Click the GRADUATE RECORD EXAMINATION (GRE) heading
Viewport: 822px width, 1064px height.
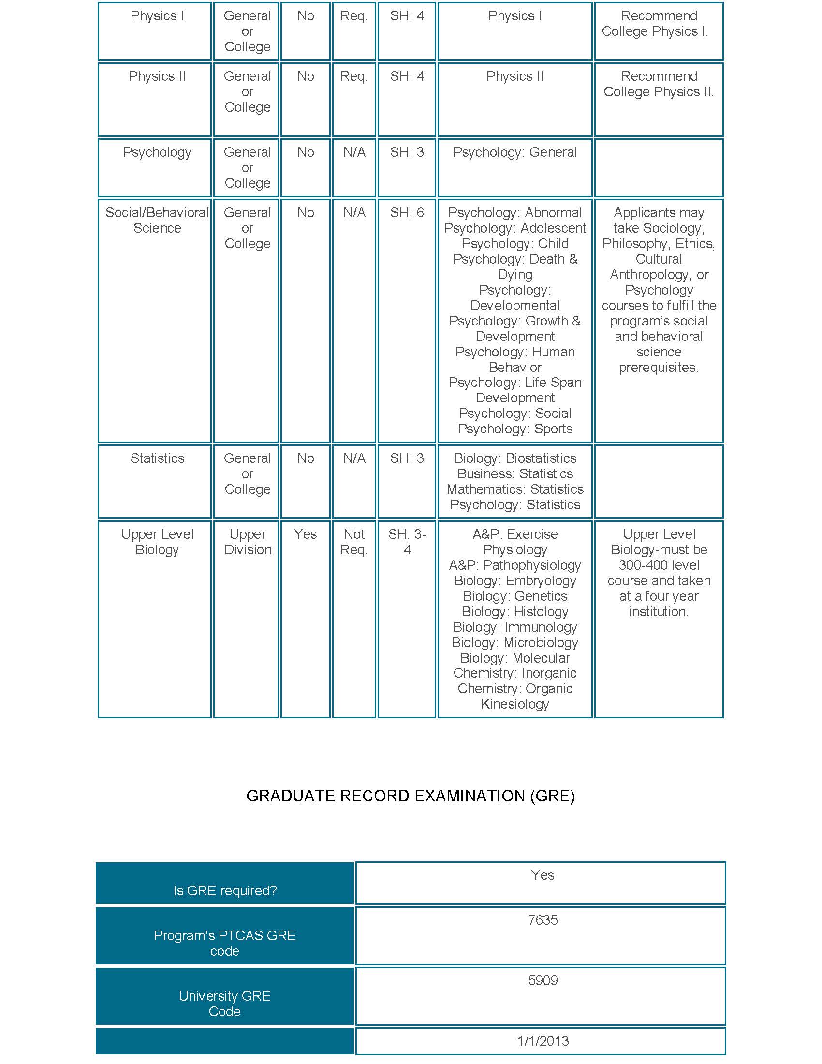tap(411, 796)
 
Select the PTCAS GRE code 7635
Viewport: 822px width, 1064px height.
tap(543, 920)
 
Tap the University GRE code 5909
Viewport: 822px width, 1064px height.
tap(543, 980)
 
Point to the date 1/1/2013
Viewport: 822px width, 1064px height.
tap(543, 1041)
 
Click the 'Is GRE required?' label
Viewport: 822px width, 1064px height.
tap(224, 890)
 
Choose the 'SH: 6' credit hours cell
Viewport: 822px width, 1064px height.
tap(407, 213)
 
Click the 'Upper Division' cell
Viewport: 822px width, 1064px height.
tap(248, 542)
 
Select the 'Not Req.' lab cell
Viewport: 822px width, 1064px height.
tap(354, 542)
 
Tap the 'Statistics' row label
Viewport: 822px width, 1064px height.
tap(157, 458)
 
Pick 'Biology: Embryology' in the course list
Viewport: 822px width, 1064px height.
tap(515, 581)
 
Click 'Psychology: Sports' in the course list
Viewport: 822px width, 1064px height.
tap(515, 429)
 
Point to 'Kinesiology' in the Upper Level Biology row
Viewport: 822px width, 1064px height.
tap(515, 704)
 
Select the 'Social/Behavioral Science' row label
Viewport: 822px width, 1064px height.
tap(157, 220)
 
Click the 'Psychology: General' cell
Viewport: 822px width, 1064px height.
tap(514, 152)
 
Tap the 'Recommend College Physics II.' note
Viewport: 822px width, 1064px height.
tap(659, 84)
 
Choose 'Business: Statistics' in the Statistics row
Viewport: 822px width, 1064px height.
tap(515, 473)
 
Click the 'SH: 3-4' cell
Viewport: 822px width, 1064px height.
tap(407, 542)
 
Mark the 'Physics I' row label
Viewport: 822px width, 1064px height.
tap(157, 16)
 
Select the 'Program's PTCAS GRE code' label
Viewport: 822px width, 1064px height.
tap(224, 943)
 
